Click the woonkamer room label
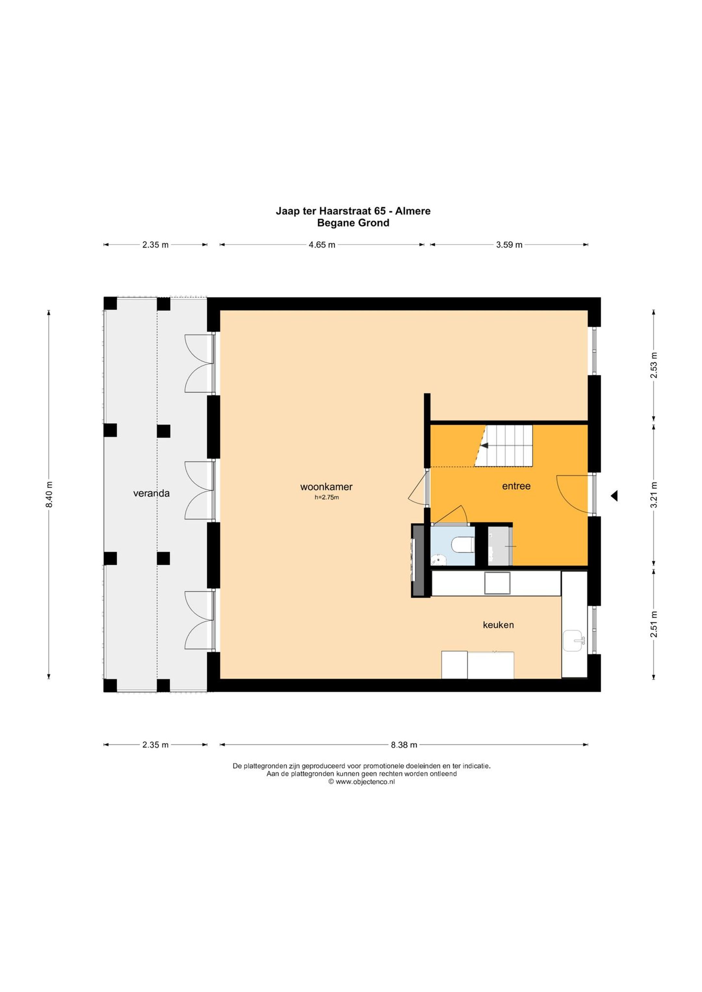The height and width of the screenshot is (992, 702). tap(326, 487)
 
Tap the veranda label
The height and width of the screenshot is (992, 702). tap(151, 494)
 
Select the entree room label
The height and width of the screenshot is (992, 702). tap(516, 486)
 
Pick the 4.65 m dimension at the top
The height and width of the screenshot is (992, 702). tap(322, 245)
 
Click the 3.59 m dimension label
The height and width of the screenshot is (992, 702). tap(509, 245)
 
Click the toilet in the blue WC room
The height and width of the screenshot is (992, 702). tap(462, 544)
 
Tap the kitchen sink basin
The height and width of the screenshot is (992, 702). tap(574, 641)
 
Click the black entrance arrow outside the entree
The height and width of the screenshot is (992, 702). tap(614, 496)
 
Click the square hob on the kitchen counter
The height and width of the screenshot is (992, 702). tap(497, 583)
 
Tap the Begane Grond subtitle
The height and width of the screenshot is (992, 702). tap(353, 223)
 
